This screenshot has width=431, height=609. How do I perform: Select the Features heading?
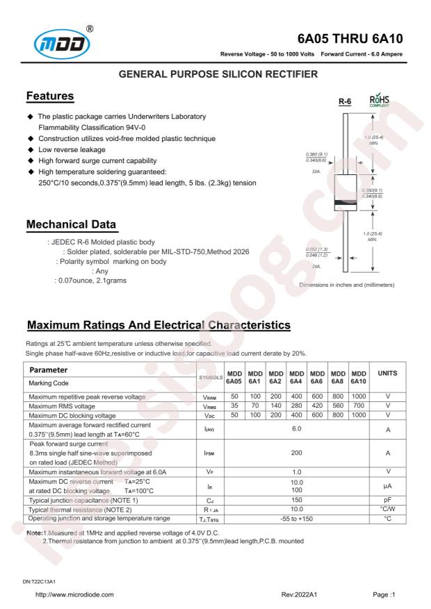click(x=51, y=95)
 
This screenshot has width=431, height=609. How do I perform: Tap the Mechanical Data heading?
click(x=71, y=225)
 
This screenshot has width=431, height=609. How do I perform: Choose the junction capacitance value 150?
click(x=298, y=499)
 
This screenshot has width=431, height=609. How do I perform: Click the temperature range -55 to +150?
click(x=298, y=518)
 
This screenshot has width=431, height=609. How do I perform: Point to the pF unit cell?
click(x=387, y=499)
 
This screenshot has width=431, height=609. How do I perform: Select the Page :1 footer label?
click(x=386, y=594)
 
